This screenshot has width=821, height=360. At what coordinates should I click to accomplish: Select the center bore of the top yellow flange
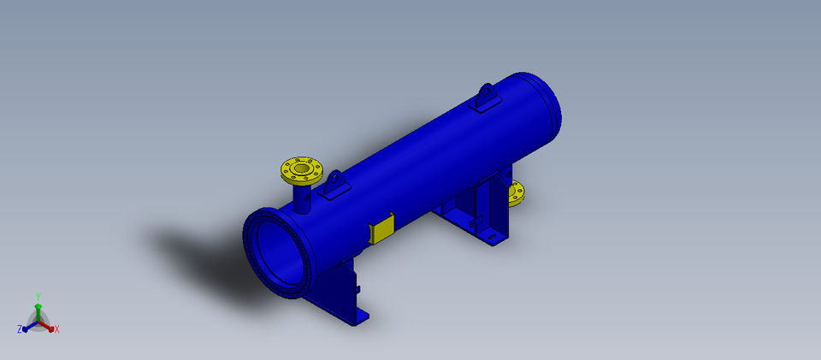(x=302, y=169)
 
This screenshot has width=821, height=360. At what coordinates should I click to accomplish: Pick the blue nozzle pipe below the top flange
(x=302, y=199)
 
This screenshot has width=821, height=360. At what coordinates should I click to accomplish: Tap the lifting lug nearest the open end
(x=333, y=184)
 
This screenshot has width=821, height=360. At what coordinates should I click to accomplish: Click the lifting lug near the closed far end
(x=486, y=97)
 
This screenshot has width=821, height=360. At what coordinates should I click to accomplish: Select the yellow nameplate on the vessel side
(x=381, y=229)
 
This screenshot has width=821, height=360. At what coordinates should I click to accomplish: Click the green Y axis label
(x=38, y=297)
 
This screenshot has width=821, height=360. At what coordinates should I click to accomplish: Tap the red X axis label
(x=56, y=329)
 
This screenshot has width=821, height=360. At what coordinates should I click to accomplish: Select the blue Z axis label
(x=19, y=329)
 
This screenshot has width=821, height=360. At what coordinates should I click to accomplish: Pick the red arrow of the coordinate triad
(x=47, y=326)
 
